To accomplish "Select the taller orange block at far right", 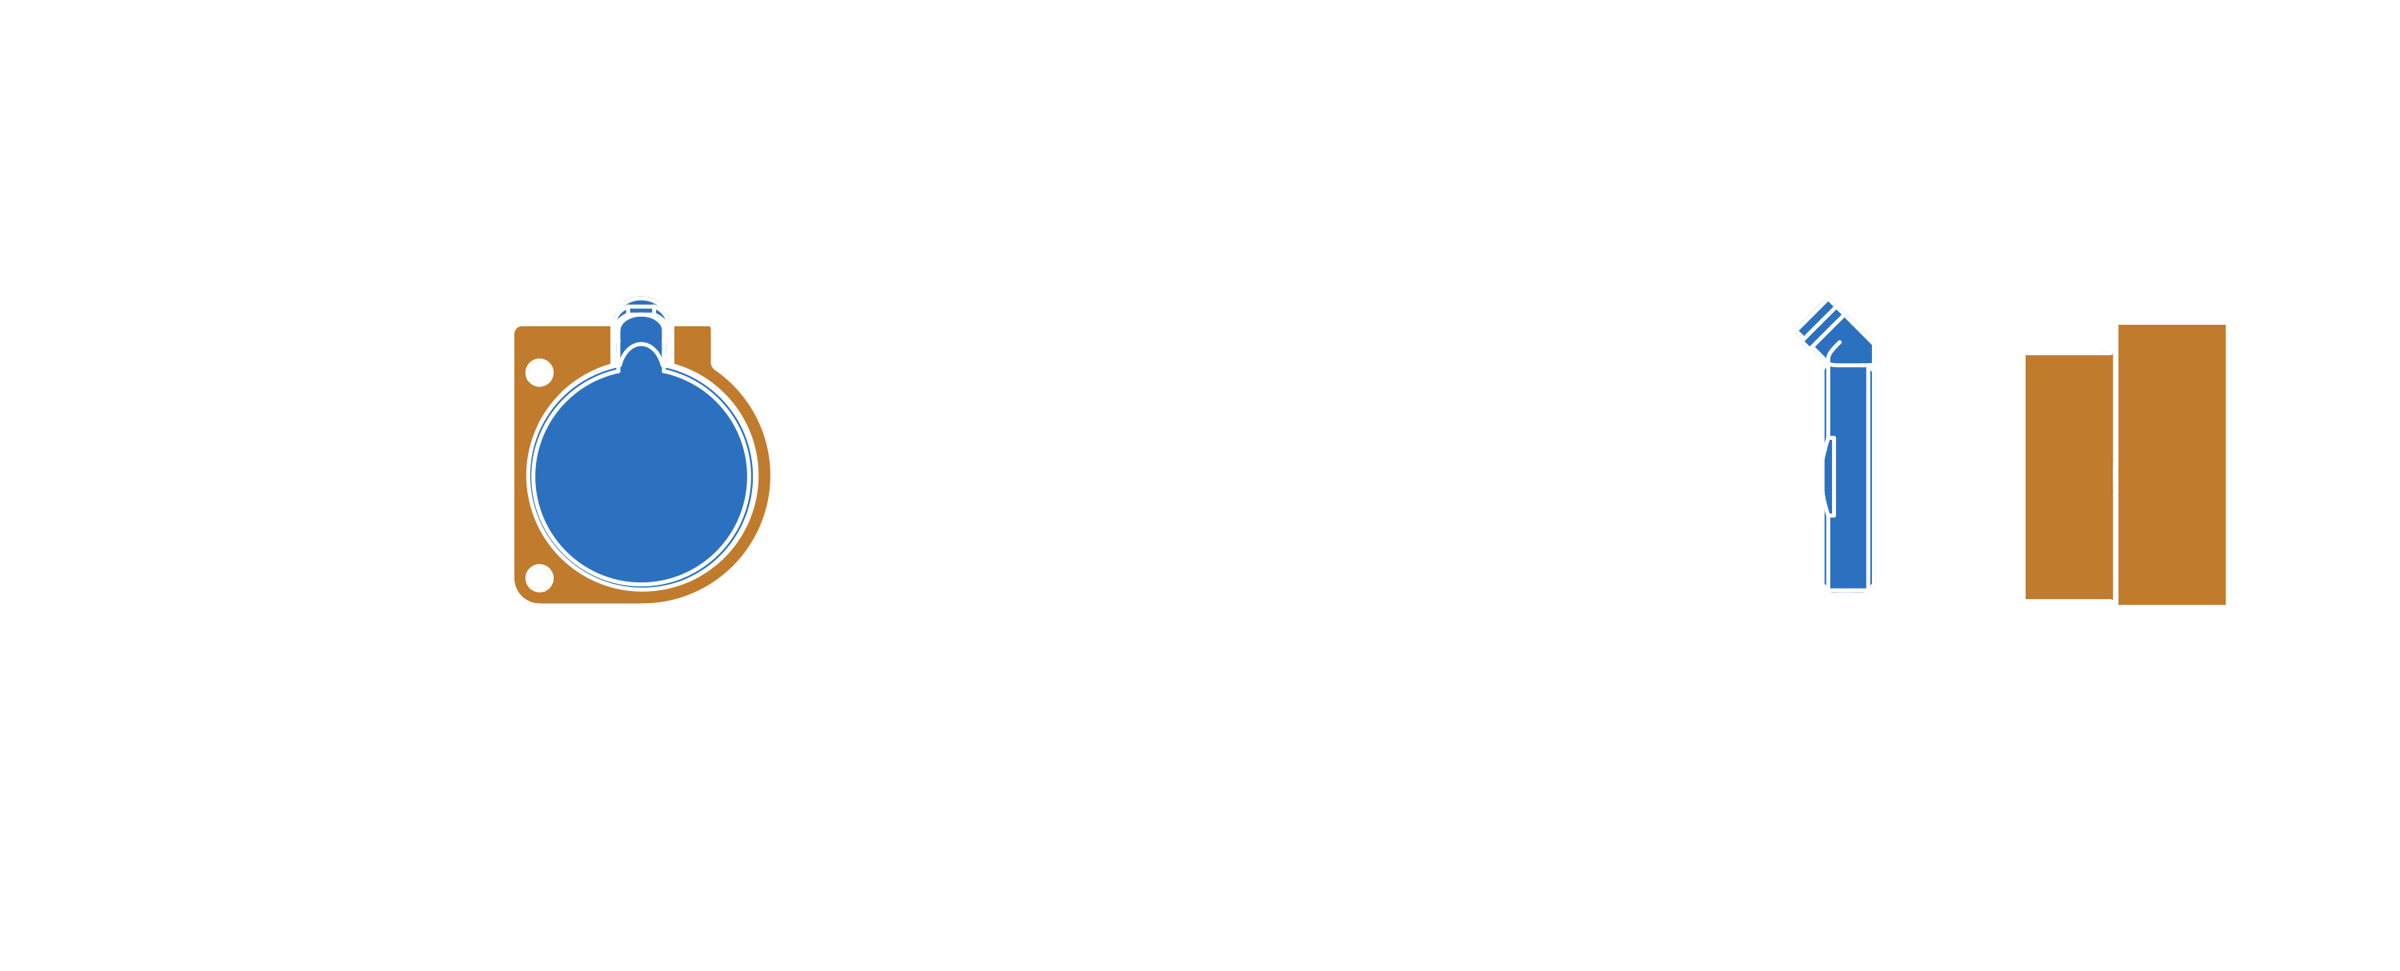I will (x=2172, y=464).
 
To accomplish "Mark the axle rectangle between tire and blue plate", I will (x=1686, y=476).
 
